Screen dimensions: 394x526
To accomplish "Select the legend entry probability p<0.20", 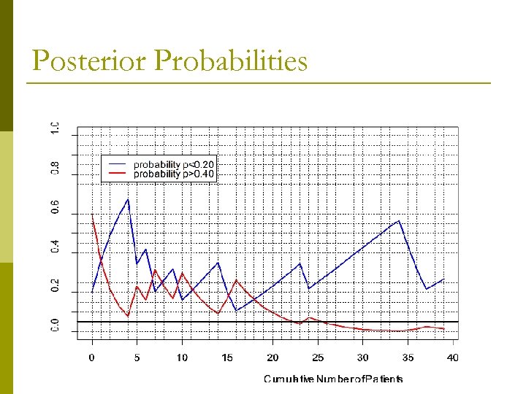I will (174, 165).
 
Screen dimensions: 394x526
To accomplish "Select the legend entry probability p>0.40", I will (174, 174).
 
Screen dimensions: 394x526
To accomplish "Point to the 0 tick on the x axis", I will (92, 358).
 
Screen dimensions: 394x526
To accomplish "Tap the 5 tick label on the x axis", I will (137, 358).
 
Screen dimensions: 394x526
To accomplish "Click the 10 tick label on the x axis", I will (182, 358).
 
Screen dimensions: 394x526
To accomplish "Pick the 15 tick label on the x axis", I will (227, 358).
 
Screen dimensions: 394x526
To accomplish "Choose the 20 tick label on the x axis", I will (272, 358).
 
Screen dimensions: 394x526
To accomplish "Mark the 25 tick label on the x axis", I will (318, 358).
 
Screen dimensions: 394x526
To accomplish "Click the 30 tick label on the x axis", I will (363, 358).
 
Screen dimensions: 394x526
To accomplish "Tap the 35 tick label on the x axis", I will (408, 358).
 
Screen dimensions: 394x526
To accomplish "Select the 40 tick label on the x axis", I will (453, 358).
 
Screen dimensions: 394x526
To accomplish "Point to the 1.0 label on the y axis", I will (56, 128).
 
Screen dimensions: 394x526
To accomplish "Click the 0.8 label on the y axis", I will (56, 168).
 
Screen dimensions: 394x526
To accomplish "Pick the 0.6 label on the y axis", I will (56, 207).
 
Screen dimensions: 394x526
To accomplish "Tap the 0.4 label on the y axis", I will (56, 247).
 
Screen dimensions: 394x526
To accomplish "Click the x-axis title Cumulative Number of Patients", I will (333, 379).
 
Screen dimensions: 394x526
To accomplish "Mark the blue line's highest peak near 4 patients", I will (128, 199).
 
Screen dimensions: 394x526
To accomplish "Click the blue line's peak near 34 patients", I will (399, 220).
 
